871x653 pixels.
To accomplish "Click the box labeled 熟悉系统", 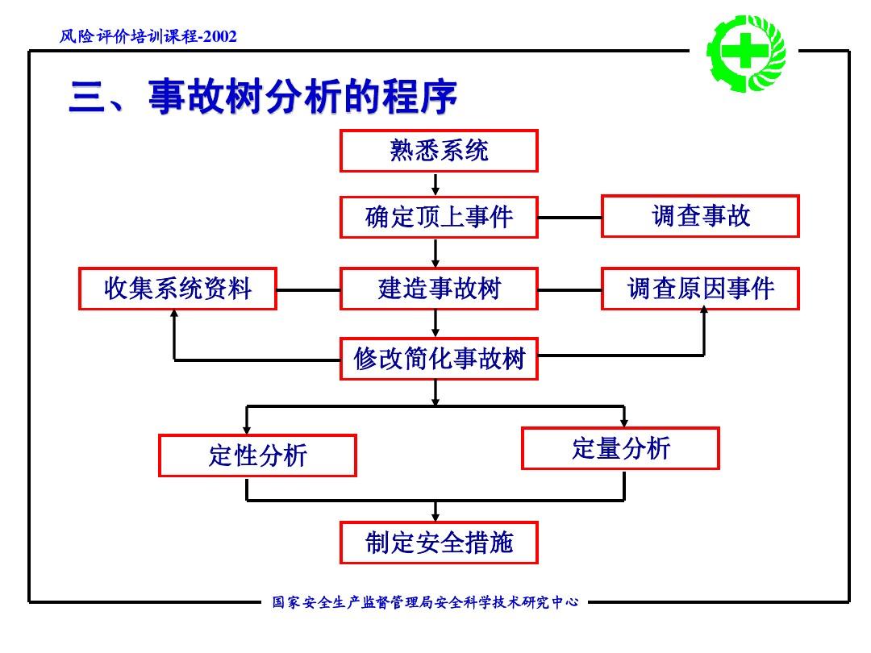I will pyautogui.click(x=439, y=152).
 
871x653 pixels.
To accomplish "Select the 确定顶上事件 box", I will pyautogui.click(x=439, y=217).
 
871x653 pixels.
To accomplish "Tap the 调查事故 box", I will pyautogui.click(x=700, y=216).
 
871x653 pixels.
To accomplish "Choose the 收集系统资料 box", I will pyautogui.click(x=177, y=289).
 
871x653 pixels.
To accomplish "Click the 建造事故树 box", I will pyautogui.click(x=439, y=289).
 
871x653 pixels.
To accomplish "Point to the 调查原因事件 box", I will pyautogui.click(x=700, y=289).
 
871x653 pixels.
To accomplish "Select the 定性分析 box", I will pyautogui.click(x=257, y=455).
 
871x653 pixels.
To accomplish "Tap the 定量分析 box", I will pyautogui.click(x=620, y=448).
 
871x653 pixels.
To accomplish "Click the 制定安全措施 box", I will pyautogui.click(x=439, y=543).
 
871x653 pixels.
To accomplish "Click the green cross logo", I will pyautogui.click(x=746, y=52).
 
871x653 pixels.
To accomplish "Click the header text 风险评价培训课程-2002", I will pyautogui.click(x=149, y=36).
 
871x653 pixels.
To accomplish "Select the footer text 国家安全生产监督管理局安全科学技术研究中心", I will pyautogui.click(x=425, y=602).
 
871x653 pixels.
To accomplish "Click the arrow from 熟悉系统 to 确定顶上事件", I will pyautogui.click(x=435, y=185).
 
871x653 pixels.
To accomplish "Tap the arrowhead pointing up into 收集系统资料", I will pyautogui.click(x=174, y=315).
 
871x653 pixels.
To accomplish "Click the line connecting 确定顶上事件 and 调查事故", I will pyautogui.click(x=569, y=218).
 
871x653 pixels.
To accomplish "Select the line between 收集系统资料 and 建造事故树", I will pyautogui.click(x=308, y=289).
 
